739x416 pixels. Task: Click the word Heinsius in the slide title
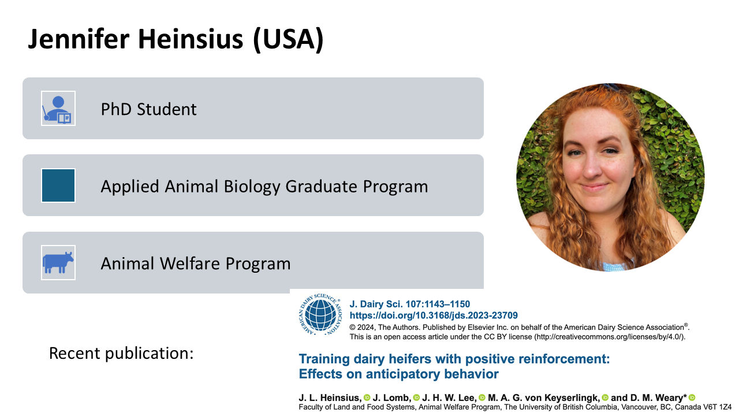pyautogui.click(x=191, y=39)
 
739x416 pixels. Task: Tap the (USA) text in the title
pyautogui.click(x=288, y=40)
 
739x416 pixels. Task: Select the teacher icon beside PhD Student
pyautogui.click(x=58, y=108)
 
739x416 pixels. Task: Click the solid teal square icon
pyautogui.click(x=58, y=185)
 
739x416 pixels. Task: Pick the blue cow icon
pyautogui.click(x=58, y=262)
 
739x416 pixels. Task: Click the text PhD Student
pyautogui.click(x=148, y=109)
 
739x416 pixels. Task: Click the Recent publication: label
pyautogui.click(x=121, y=353)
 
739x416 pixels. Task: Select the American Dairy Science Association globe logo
pyautogui.click(x=320, y=314)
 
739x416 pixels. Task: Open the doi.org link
pyautogui.click(x=434, y=315)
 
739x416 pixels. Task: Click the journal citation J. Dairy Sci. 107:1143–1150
pyautogui.click(x=410, y=304)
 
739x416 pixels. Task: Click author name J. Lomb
pyautogui.click(x=392, y=398)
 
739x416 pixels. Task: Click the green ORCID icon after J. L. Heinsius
pyautogui.click(x=367, y=398)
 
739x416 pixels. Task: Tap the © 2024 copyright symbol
pyautogui.click(x=352, y=328)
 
